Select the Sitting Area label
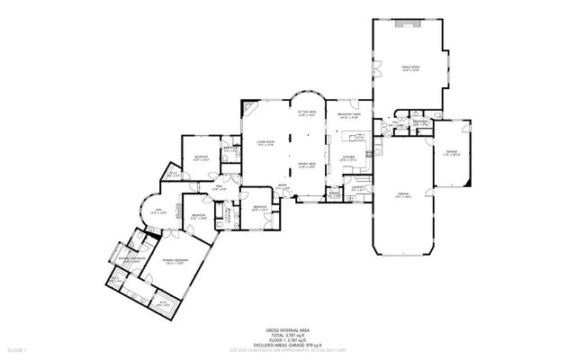tap(308, 114)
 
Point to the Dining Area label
tap(308, 165)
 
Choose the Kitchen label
tap(349, 157)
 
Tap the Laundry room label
tap(356, 189)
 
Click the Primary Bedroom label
tap(174, 262)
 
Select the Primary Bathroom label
tap(132, 258)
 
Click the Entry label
tap(283, 187)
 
